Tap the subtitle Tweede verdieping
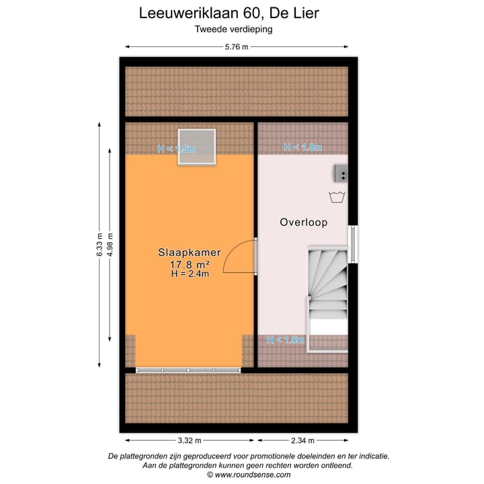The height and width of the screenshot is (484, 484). tap(233, 29)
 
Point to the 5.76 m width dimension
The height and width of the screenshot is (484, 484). tap(237, 46)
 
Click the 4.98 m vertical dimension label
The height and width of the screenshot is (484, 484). tap(110, 245)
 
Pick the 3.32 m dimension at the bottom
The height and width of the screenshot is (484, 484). tap(190, 440)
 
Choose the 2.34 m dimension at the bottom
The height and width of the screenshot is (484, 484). tap(302, 440)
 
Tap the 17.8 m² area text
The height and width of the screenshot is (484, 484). tap(190, 264)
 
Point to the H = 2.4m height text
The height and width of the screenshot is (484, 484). tap(190, 274)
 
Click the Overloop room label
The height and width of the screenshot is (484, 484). tap(303, 222)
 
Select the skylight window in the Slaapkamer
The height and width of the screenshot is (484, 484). tap(196, 147)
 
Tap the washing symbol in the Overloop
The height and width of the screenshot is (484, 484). tap(337, 197)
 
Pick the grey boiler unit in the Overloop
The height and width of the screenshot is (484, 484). tap(341, 174)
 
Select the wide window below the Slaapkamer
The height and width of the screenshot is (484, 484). tap(188, 370)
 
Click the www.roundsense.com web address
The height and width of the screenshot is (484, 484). tap(249, 474)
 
